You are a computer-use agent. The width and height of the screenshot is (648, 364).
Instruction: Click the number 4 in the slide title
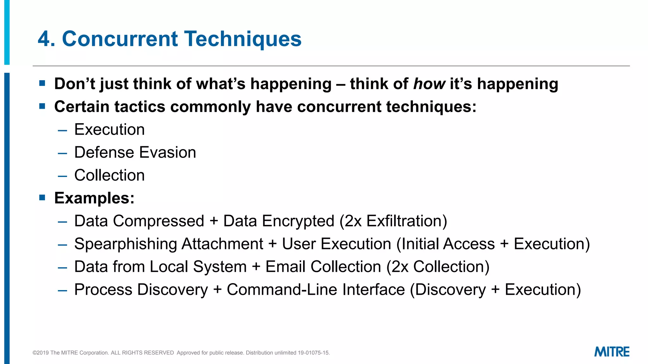44,39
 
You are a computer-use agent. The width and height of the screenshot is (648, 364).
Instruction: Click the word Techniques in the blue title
243,39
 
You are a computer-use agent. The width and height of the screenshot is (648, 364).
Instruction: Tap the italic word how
429,84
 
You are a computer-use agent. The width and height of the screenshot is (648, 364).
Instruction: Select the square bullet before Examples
42,198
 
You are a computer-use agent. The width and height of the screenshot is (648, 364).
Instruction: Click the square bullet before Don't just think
42,83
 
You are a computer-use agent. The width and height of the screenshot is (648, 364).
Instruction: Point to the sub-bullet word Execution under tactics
109,130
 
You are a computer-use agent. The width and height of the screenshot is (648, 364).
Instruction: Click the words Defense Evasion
135,153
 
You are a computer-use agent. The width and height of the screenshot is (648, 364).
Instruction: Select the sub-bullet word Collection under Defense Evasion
109,175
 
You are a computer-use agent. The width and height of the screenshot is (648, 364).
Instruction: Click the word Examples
94,198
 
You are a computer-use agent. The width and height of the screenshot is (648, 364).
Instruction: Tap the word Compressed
158,221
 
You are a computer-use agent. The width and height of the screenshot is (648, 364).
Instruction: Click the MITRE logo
612,352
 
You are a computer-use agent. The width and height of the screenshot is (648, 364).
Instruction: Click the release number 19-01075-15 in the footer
313,353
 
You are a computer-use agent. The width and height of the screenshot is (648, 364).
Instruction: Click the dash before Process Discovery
63,290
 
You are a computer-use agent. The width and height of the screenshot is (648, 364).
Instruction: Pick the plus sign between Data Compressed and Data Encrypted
214,221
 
